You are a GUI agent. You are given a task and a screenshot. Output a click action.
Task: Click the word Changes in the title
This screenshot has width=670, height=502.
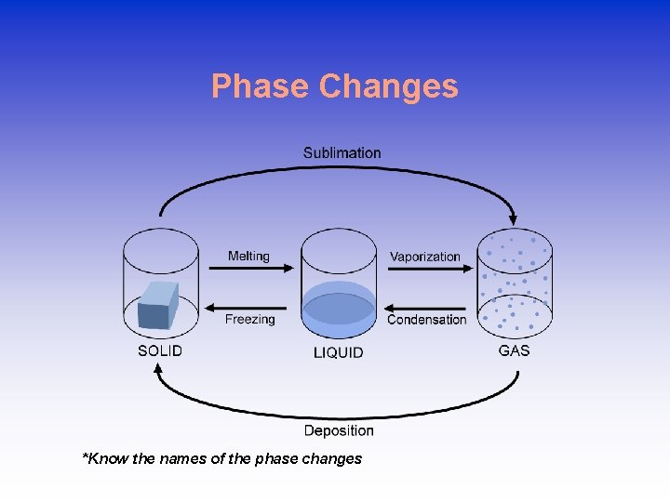388,86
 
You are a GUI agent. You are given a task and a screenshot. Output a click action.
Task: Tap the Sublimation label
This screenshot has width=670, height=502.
342,152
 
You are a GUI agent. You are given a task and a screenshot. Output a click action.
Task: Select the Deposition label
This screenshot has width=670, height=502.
339,430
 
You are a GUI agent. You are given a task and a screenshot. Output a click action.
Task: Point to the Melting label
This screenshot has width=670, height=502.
248,256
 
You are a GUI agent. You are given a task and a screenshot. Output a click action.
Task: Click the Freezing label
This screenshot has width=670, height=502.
249,319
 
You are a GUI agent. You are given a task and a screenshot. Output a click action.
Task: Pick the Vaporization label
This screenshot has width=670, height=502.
425,257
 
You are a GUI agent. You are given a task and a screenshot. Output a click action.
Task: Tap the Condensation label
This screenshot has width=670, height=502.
426,319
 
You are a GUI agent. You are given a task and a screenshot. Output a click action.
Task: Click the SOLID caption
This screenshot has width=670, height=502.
160,350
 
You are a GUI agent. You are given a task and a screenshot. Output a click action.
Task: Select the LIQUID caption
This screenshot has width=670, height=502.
338,352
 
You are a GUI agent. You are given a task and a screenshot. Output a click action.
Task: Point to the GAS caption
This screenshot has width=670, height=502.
514,350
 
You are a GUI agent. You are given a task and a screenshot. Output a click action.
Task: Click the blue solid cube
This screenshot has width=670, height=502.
157,305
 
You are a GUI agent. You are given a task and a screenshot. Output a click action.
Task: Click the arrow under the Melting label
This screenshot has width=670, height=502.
249,269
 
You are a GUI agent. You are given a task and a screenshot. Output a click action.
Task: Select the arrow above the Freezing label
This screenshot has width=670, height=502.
249,307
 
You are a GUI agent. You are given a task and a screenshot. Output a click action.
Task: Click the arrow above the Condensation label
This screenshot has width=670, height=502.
425,308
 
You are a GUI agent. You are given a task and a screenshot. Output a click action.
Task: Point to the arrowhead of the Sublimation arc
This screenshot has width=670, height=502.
513,219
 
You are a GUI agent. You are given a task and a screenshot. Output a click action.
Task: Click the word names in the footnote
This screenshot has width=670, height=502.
179,458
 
